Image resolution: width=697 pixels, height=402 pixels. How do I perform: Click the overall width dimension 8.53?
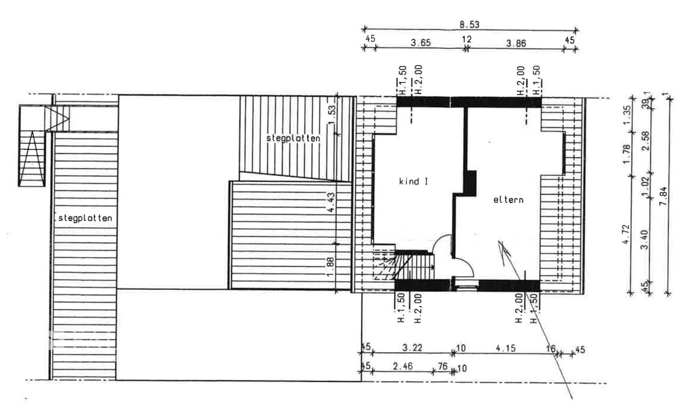pyautogui.click(x=469, y=25)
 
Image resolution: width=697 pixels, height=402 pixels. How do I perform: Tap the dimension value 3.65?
pyautogui.click(x=421, y=43)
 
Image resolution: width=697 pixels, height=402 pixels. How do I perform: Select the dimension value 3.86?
pyautogui.click(x=516, y=44)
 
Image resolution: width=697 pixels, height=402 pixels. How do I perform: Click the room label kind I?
pyautogui.click(x=413, y=181)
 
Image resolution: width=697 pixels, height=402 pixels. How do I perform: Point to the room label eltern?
pyautogui.click(x=508, y=200)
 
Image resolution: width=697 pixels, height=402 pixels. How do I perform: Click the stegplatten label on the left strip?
pyautogui.click(x=85, y=218)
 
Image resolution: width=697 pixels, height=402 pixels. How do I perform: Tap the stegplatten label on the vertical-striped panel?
pyautogui.click(x=293, y=138)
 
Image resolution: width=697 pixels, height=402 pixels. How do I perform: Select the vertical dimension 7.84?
pyautogui.click(x=663, y=196)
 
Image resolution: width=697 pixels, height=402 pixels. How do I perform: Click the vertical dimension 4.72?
pyautogui.click(x=626, y=234)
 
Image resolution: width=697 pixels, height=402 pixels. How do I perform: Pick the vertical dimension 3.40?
pyautogui.click(x=645, y=240)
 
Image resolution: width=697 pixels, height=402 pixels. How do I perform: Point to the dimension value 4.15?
pyautogui.click(x=506, y=348)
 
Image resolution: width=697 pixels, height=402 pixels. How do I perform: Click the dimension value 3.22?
pyautogui.click(x=412, y=348)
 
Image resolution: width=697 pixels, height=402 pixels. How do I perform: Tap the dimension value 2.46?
pyautogui.click(x=403, y=366)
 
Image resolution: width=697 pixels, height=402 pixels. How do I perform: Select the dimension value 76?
pyautogui.click(x=443, y=366)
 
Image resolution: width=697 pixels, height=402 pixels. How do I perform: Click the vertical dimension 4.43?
pyautogui.click(x=331, y=202)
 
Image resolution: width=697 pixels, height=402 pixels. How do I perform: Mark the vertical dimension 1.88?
pyautogui.click(x=330, y=267)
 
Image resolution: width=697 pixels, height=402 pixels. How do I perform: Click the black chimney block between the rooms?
pyautogui.click(x=470, y=183)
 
